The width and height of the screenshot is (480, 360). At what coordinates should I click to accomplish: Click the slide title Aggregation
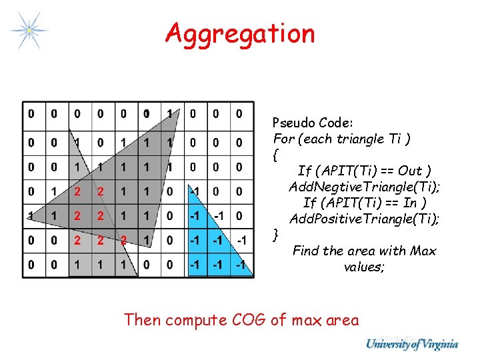[x=240, y=33]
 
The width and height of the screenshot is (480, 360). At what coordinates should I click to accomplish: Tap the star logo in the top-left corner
[x=29, y=29]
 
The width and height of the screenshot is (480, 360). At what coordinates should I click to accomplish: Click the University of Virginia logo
[x=411, y=344]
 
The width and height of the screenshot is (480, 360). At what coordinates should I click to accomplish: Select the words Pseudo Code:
[x=313, y=123]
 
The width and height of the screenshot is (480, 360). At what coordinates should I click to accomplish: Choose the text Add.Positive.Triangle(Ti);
[x=365, y=219]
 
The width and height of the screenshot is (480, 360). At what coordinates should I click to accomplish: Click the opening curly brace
[x=275, y=156]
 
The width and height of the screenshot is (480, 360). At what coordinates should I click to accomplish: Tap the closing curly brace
[x=276, y=234]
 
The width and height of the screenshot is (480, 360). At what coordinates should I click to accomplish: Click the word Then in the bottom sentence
[x=142, y=320]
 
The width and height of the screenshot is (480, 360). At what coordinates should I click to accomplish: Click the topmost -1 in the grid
[x=194, y=192]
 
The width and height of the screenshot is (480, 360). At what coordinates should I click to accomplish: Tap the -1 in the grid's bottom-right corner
[x=243, y=265]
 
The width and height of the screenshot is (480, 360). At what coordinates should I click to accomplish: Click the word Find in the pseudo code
[x=305, y=251]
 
